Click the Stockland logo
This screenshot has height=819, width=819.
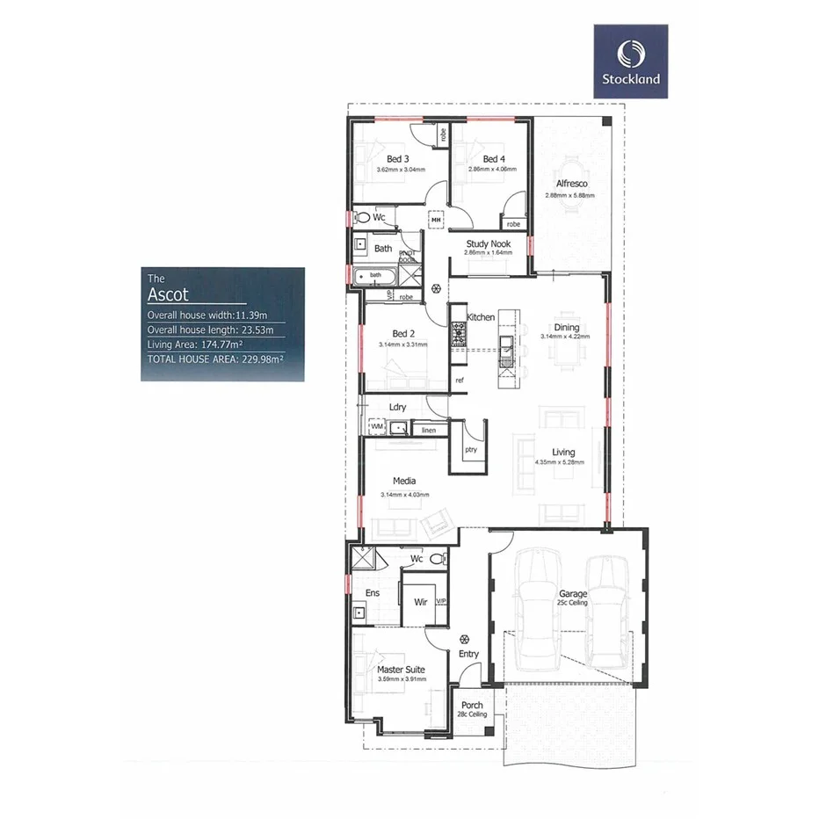pos(630,60)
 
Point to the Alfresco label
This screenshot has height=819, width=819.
pos(570,185)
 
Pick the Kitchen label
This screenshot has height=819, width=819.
pos(481,316)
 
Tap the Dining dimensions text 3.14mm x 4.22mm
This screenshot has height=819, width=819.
pos(566,336)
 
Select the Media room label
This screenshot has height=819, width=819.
pos(404,481)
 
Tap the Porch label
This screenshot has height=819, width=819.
pos(471,706)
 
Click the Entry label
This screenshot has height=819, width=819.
pos(468,654)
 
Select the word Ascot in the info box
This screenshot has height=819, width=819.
pos(168,295)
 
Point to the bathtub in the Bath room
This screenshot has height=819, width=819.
pos(376,276)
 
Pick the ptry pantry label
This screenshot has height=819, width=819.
pos(470,448)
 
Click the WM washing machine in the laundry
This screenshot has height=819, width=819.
pos(377,427)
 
